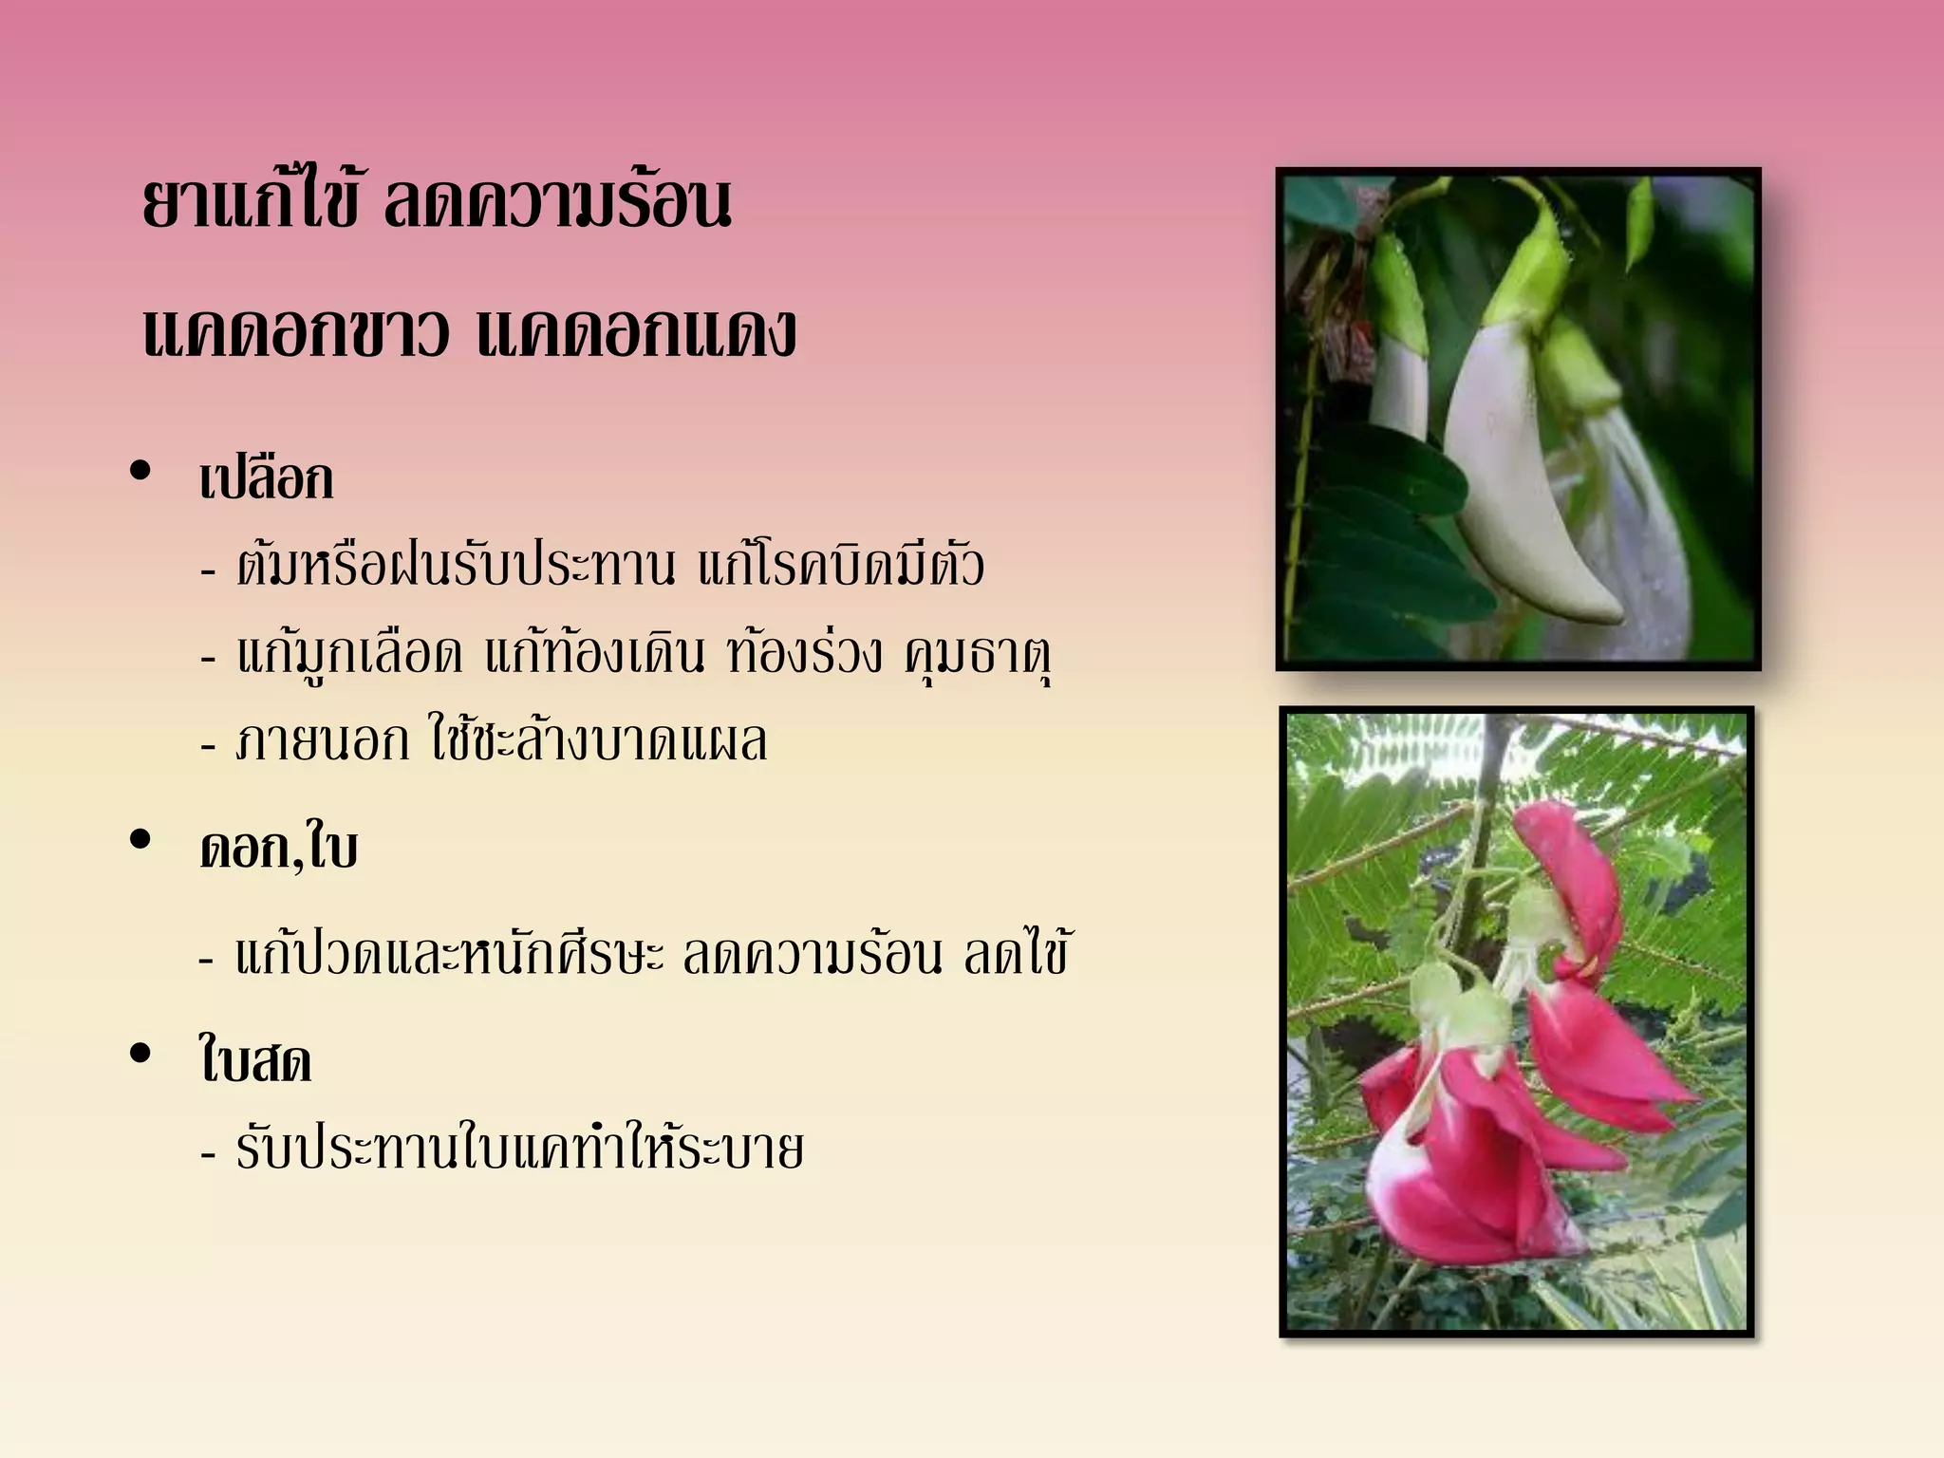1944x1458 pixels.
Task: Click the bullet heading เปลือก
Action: point(267,478)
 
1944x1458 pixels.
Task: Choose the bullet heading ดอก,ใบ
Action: point(279,848)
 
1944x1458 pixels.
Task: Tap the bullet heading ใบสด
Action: point(255,1061)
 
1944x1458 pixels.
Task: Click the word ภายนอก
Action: point(323,741)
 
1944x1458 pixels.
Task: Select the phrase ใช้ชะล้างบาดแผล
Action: point(598,741)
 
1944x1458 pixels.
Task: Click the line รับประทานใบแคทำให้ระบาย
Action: point(520,1149)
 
